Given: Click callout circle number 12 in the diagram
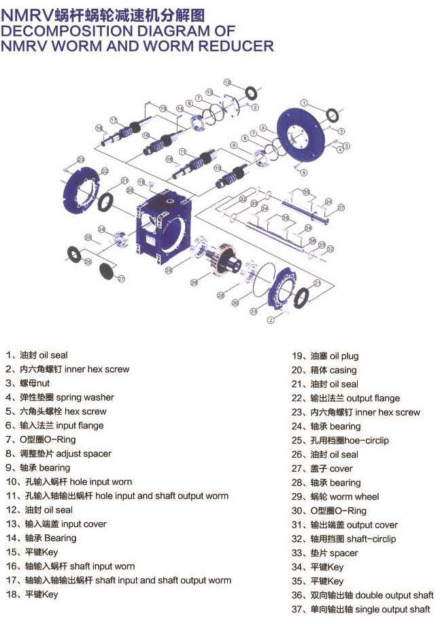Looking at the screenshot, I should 227,82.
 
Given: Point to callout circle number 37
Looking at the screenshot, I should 341,208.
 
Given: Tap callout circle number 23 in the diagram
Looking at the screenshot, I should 80,159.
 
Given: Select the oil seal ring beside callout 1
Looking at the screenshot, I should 335,113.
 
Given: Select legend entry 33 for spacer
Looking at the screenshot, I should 324,553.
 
